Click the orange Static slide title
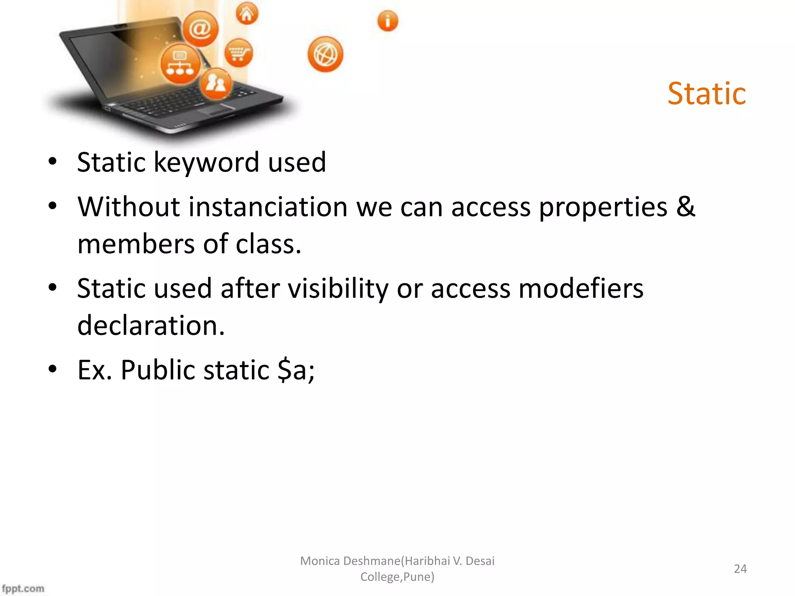(706, 94)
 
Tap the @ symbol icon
(200, 29)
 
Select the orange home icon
(247, 14)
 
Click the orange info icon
(387, 21)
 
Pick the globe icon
(325, 55)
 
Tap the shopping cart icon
(238, 53)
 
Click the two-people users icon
(216, 83)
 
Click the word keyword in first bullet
(207, 162)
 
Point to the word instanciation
(268, 207)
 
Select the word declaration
(151, 325)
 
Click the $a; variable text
(296, 370)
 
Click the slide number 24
(740, 569)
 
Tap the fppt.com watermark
(23, 588)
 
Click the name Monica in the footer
(320, 561)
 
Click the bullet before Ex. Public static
(53, 369)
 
